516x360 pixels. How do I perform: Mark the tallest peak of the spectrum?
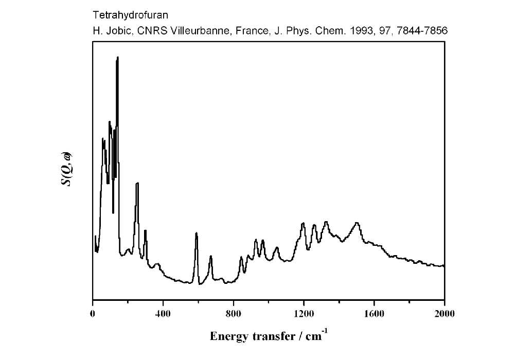[117, 58]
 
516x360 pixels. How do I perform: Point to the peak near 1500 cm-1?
[357, 223]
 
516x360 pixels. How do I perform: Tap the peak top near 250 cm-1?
[137, 184]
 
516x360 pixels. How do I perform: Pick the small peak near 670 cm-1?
[211, 256]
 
